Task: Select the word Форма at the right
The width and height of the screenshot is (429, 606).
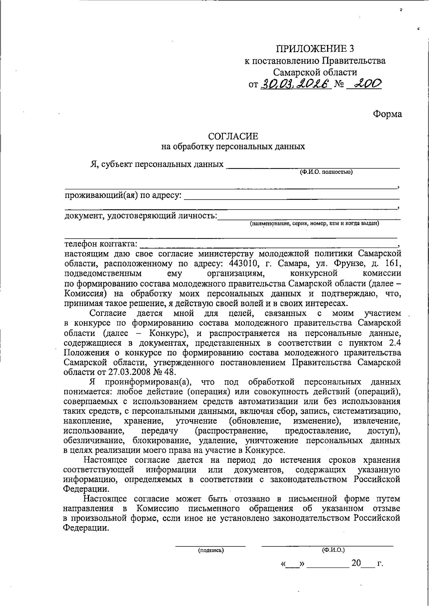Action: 388,114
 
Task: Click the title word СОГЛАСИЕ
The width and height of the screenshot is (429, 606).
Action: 233,136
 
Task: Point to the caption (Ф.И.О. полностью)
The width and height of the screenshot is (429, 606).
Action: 326,172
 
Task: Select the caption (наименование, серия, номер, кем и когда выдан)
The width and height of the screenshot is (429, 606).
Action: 314,224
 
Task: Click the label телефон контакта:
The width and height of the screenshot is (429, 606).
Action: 100,244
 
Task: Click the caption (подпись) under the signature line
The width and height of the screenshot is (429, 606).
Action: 211,550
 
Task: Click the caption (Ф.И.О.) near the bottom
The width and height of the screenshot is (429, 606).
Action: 333,550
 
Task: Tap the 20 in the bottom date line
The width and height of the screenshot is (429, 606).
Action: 356,564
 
